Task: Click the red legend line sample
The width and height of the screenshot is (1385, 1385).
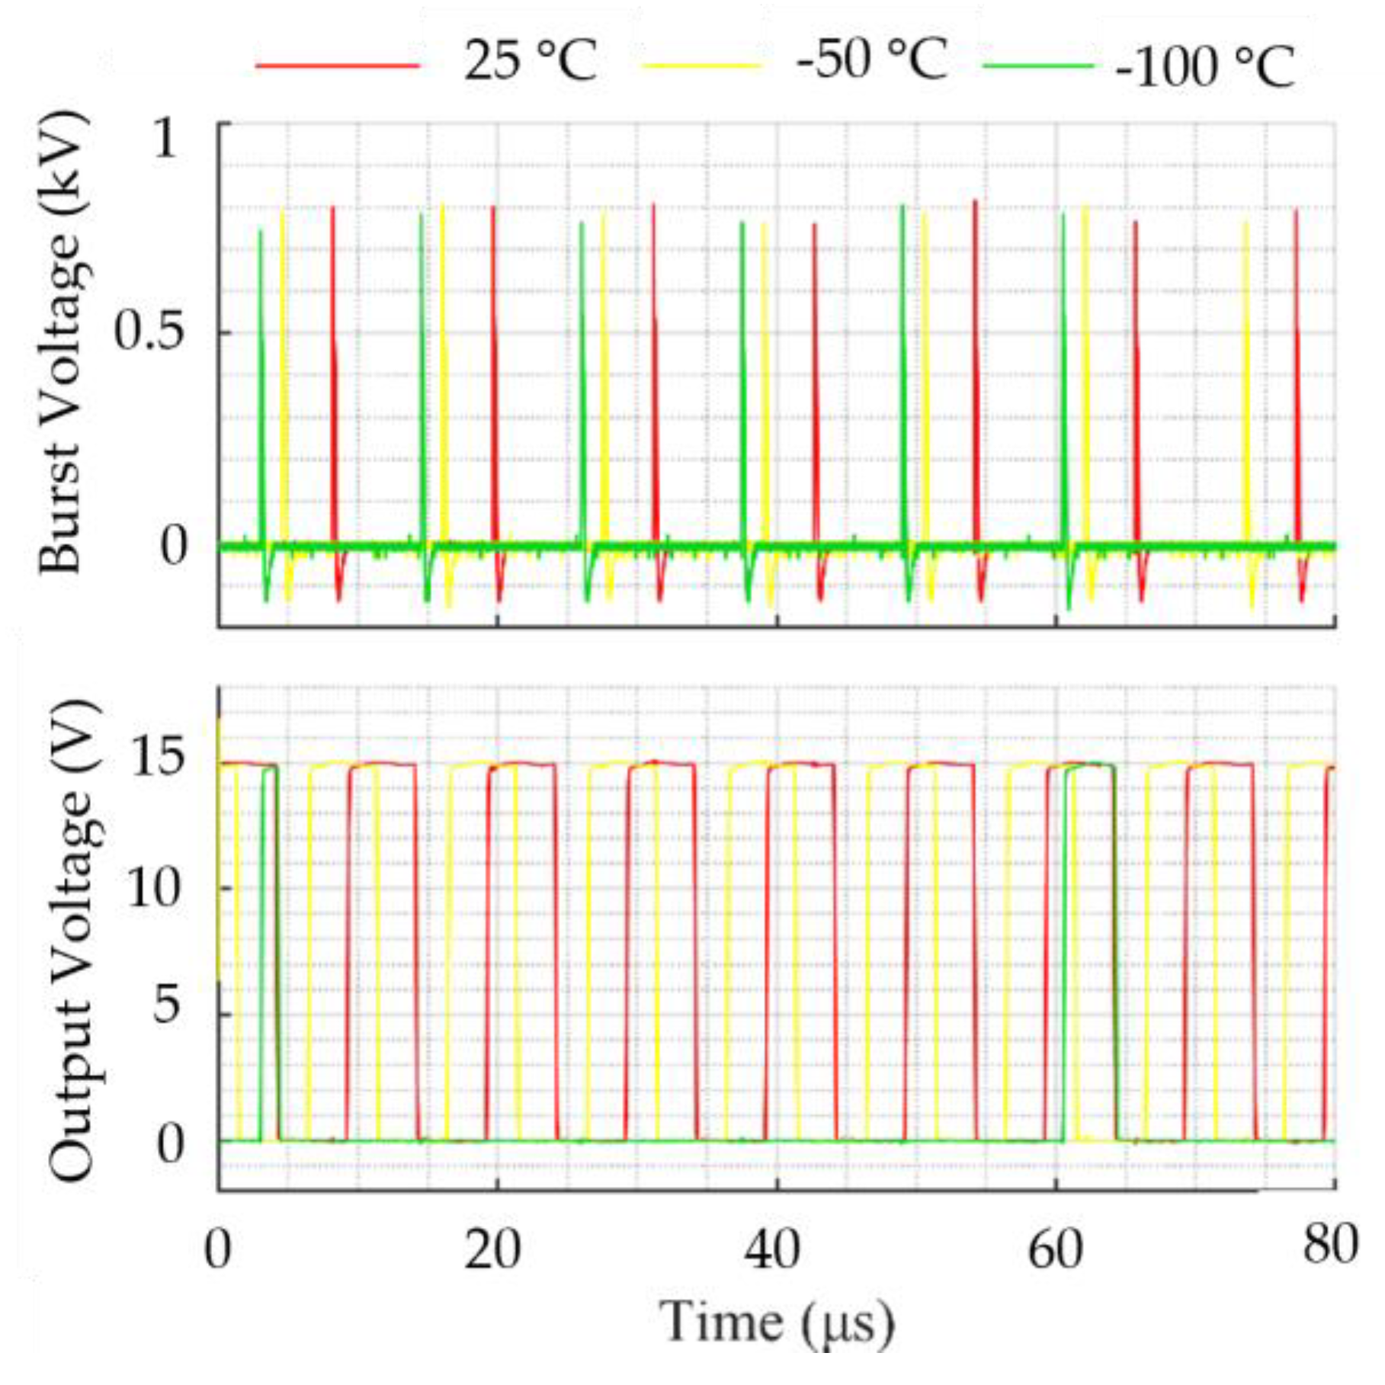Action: pos(338,66)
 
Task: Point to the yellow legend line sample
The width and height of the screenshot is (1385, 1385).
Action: pos(701,66)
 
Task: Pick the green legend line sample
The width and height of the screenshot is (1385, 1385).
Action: pos(1038,66)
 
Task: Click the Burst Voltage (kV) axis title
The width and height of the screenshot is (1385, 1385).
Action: pos(61,343)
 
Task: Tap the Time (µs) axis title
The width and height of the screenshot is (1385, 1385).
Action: pos(776,1321)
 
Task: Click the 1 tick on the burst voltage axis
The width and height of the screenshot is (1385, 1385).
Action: pos(164,139)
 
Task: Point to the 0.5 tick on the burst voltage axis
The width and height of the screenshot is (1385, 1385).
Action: pos(149,332)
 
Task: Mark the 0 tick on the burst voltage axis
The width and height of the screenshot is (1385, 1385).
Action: pos(173,546)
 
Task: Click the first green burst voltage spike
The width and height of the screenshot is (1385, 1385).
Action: pos(261,381)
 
